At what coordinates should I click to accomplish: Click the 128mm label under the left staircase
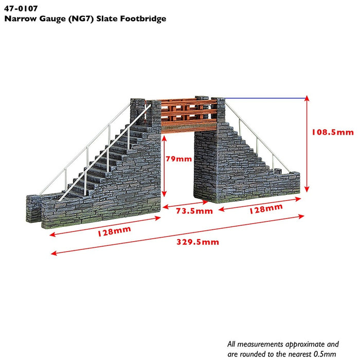(x=114, y=231)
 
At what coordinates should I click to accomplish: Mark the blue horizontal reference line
(x=265, y=98)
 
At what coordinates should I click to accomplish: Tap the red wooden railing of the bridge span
(x=188, y=111)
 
